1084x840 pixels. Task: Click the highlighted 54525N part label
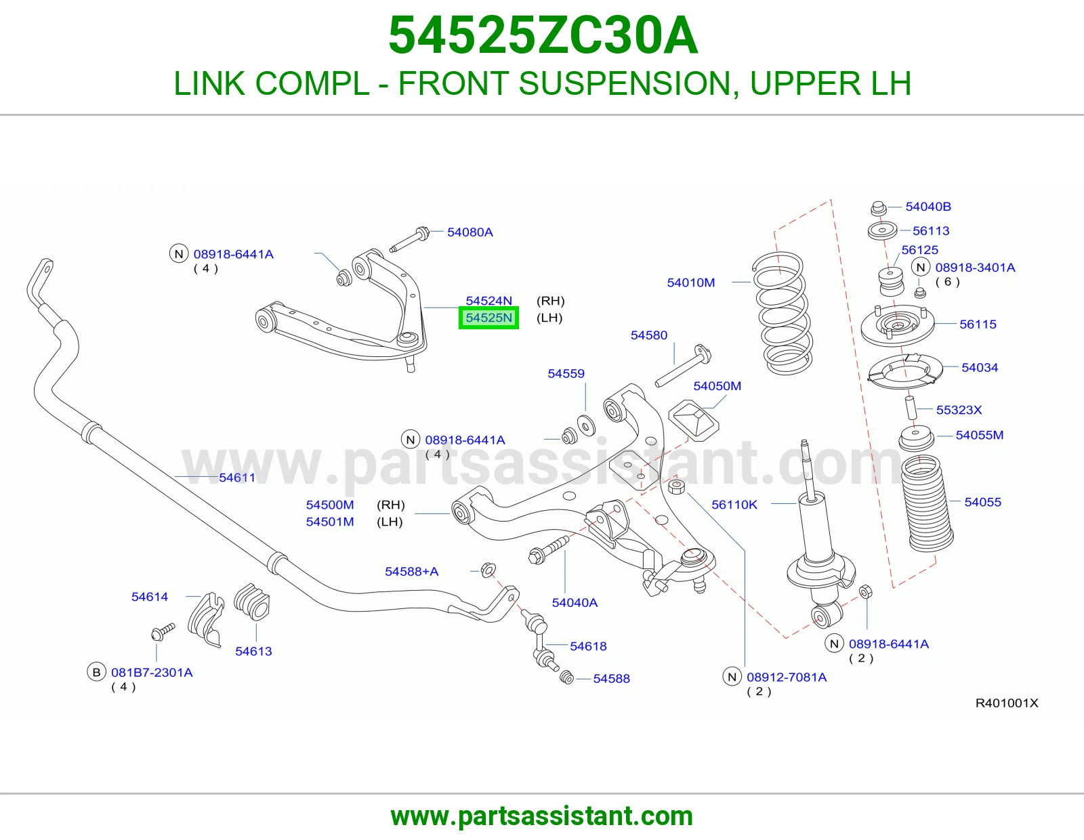point(488,318)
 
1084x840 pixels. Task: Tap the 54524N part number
point(488,301)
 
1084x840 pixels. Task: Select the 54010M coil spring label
point(691,283)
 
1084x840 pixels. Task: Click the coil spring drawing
point(782,314)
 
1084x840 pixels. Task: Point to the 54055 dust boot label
point(983,502)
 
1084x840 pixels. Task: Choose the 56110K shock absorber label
point(734,505)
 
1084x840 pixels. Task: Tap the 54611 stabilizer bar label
point(237,478)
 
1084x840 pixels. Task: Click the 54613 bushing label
point(253,651)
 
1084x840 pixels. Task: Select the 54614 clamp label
point(150,597)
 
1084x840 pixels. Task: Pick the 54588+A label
point(411,571)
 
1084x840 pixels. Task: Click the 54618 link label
point(588,646)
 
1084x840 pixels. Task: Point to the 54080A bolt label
point(470,232)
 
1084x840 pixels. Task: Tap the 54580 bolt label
point(649,335)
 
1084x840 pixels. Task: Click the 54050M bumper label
point(717,386)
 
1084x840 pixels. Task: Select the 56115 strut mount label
point(978,324)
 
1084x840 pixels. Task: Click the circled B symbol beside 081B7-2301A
point(97,673)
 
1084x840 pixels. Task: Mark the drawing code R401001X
point(1007,703)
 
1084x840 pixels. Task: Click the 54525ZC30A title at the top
point(543,35)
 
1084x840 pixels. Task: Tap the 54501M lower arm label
point(330,522)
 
